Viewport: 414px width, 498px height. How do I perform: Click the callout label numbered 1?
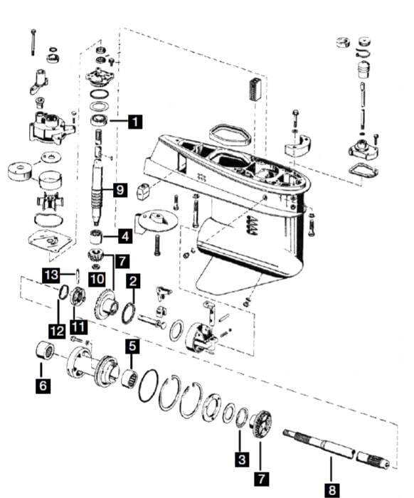point(135,122)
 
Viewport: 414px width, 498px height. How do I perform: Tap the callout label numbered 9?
point(120,190)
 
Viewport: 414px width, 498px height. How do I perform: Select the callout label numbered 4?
point(125,236)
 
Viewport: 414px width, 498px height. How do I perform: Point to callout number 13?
point(51,275)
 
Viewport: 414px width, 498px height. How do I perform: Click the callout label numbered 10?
point(97,279)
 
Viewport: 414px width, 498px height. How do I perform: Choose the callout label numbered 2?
point(133,281)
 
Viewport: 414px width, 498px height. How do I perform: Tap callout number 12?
point(57,332)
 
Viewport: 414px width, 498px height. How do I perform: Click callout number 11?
point(78,327)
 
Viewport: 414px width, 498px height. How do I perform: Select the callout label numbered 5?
point(132,346)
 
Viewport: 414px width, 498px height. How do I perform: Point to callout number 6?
point(43,386)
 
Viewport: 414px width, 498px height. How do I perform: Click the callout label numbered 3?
point(242,460)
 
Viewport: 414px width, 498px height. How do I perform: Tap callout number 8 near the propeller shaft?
point(331,490)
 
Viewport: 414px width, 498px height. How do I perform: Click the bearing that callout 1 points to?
point(99,120)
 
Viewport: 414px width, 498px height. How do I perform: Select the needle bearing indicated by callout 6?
point(45,350)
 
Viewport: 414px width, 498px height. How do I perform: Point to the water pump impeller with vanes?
point(51,201)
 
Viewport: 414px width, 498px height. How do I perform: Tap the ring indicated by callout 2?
point(128,313)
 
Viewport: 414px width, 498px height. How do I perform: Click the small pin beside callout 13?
point(77,276)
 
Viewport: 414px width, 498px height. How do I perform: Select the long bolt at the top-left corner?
point(33,42)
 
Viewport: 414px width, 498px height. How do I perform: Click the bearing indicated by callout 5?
point(130,378)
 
